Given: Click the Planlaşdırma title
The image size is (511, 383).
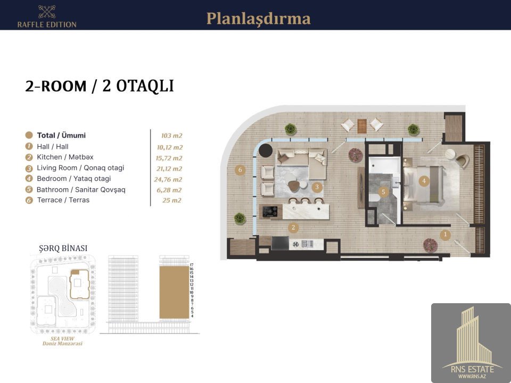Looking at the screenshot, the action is point(259,19).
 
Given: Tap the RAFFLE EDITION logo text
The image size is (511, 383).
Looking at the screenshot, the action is point(47,24).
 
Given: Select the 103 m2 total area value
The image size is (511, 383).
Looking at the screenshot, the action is point(172,136).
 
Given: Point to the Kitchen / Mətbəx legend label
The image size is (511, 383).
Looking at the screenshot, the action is point(65,157).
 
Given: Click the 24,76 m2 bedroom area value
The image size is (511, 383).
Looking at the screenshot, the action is point(168,179).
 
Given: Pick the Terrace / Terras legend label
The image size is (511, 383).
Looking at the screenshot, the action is point(63,200).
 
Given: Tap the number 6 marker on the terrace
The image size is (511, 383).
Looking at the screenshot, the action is point(240,170).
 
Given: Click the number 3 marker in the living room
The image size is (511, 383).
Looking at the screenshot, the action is point(317,187).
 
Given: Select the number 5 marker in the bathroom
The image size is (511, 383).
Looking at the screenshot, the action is point(383,192).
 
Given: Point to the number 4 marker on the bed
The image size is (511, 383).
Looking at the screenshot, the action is point(424,181).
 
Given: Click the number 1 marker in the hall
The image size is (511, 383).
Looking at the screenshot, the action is point(445,235).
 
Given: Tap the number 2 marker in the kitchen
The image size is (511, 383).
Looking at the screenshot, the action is point(293,227).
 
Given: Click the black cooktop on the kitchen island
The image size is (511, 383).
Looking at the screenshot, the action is point(270,211).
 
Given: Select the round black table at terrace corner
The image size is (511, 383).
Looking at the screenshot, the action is point(265,150).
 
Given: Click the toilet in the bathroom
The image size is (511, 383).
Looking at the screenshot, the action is point(374,197).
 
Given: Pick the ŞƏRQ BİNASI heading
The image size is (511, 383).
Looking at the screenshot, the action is point(63,248).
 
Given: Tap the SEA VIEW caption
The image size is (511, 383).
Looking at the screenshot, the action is point(62,339).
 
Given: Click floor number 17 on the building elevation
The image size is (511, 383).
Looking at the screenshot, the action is point(192,265).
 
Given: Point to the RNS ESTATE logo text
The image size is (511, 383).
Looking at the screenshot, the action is point(472,369).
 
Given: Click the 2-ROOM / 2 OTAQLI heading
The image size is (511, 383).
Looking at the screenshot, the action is point(100,86).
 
